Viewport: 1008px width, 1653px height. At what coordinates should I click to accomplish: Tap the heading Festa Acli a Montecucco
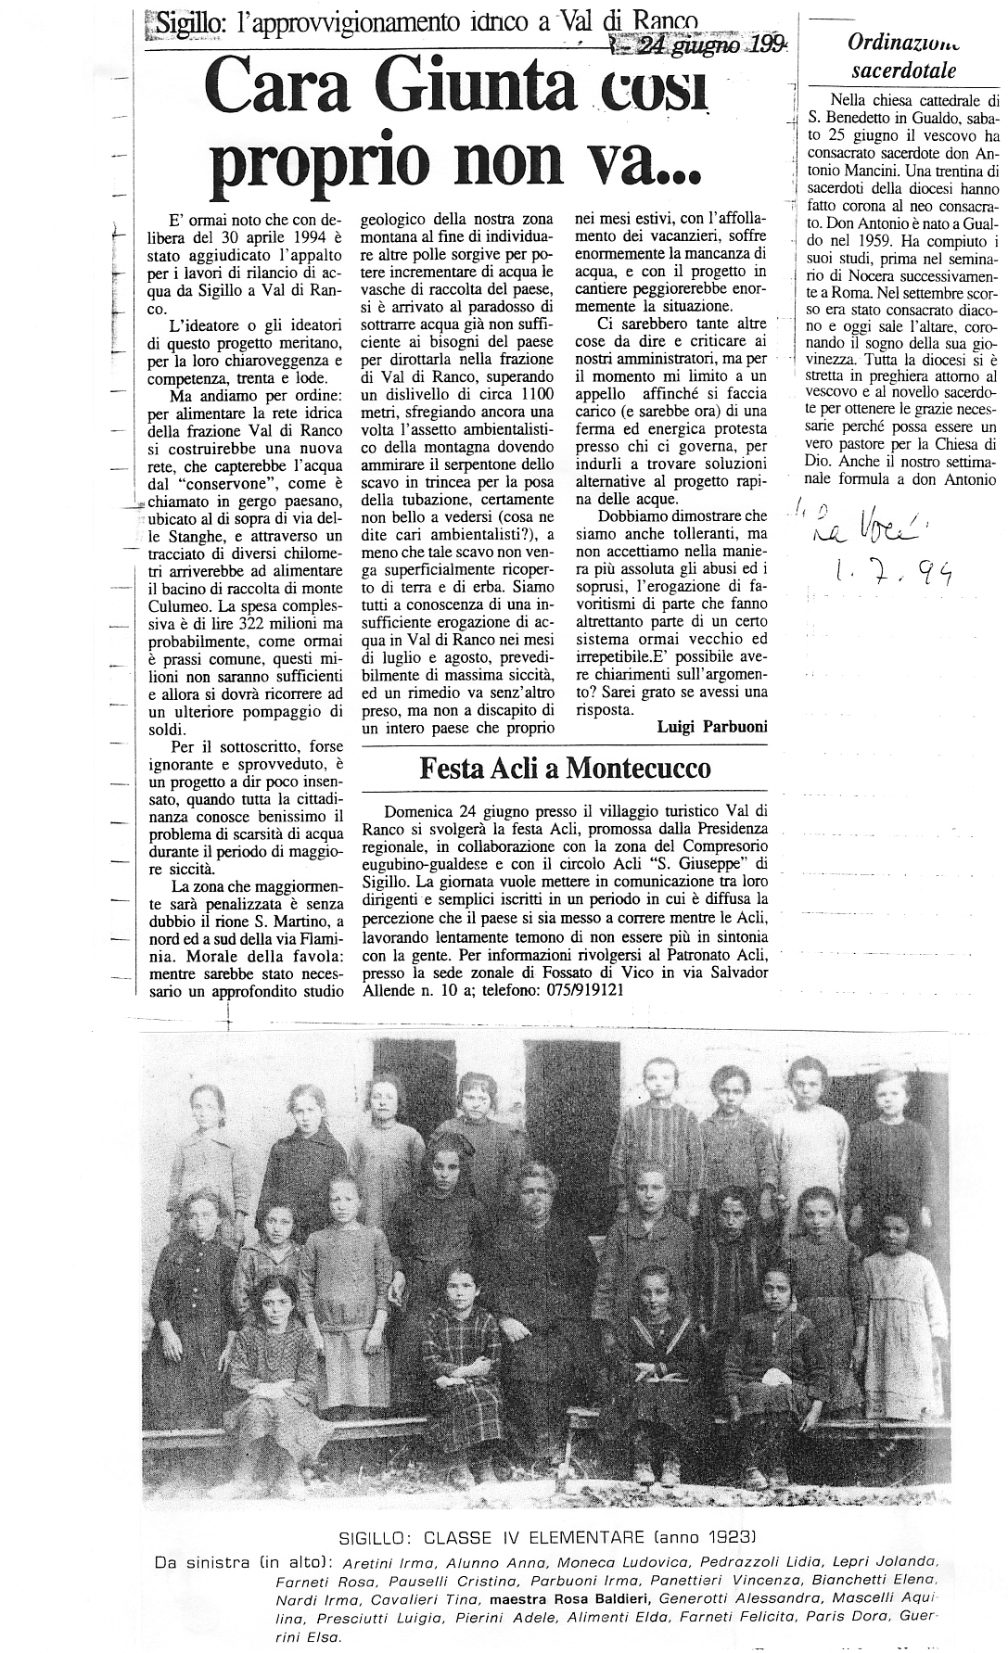[x=566, y=768]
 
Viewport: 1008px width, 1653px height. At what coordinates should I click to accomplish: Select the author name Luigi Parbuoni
[x=711, y=728]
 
